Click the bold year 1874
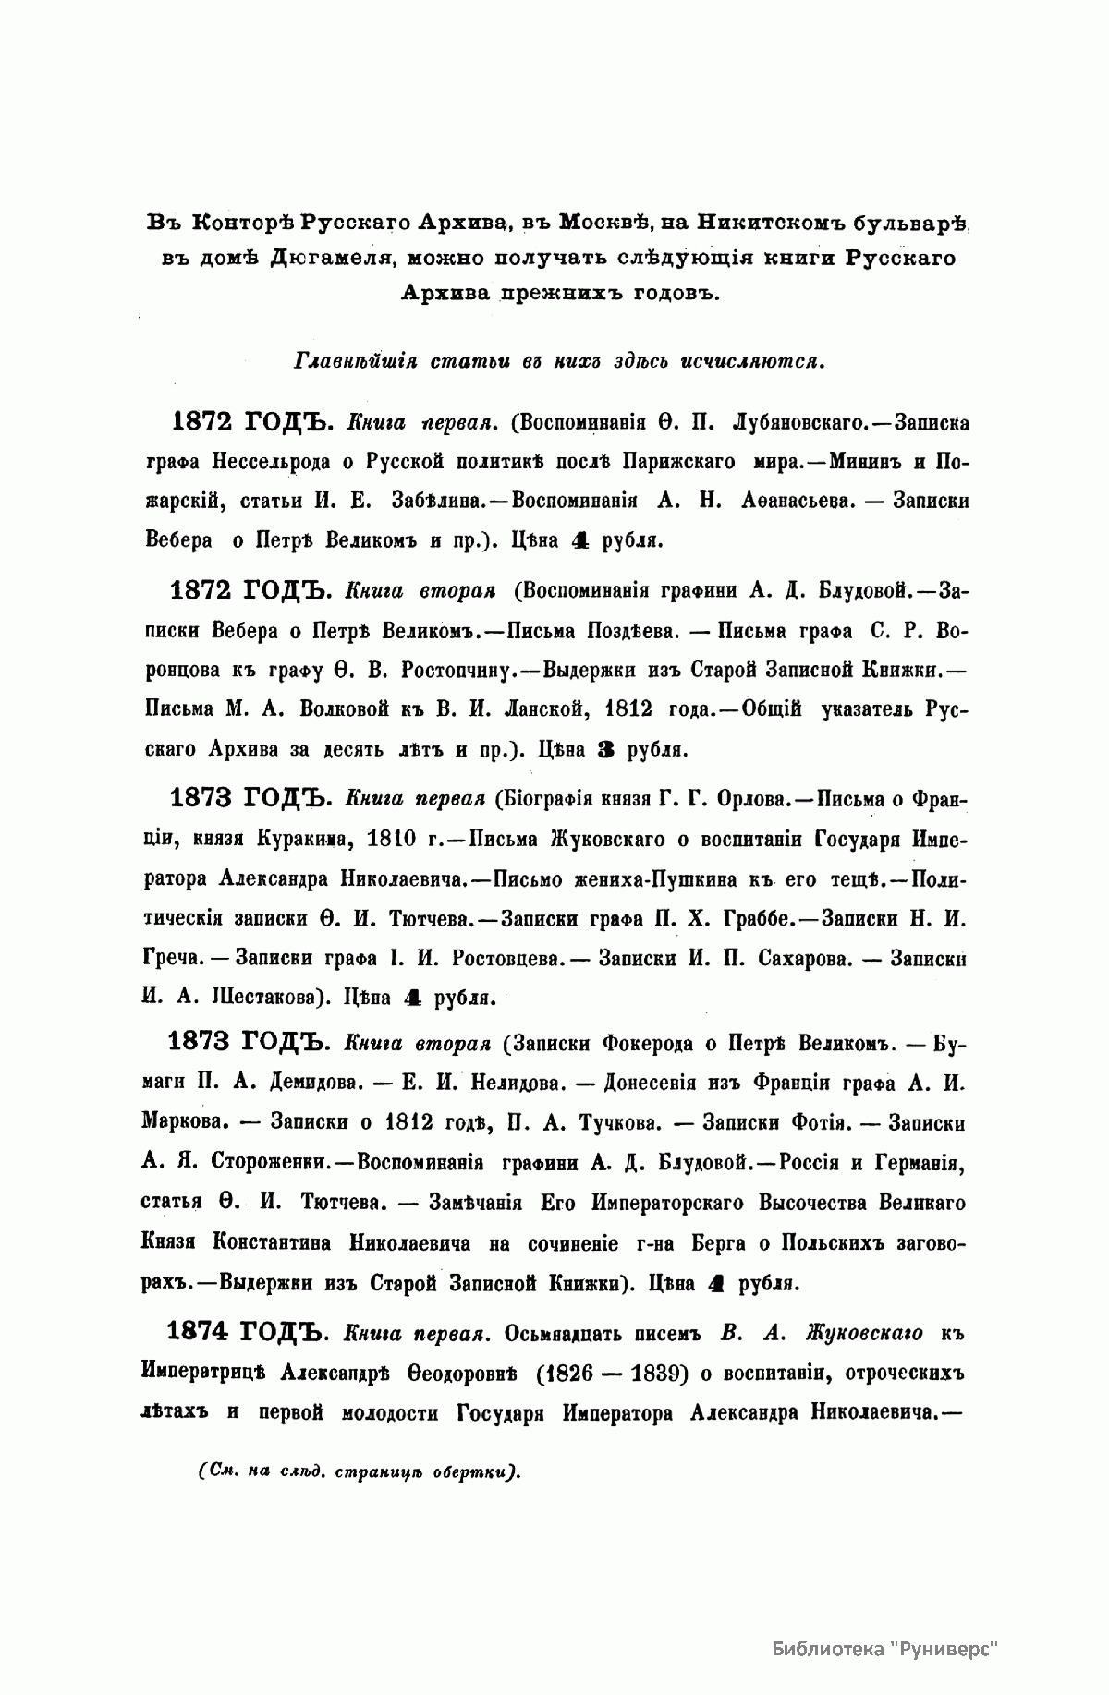[x=198, y=1330]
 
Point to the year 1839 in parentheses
[x=642, y=1373]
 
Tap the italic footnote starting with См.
[x=360, y=1471]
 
